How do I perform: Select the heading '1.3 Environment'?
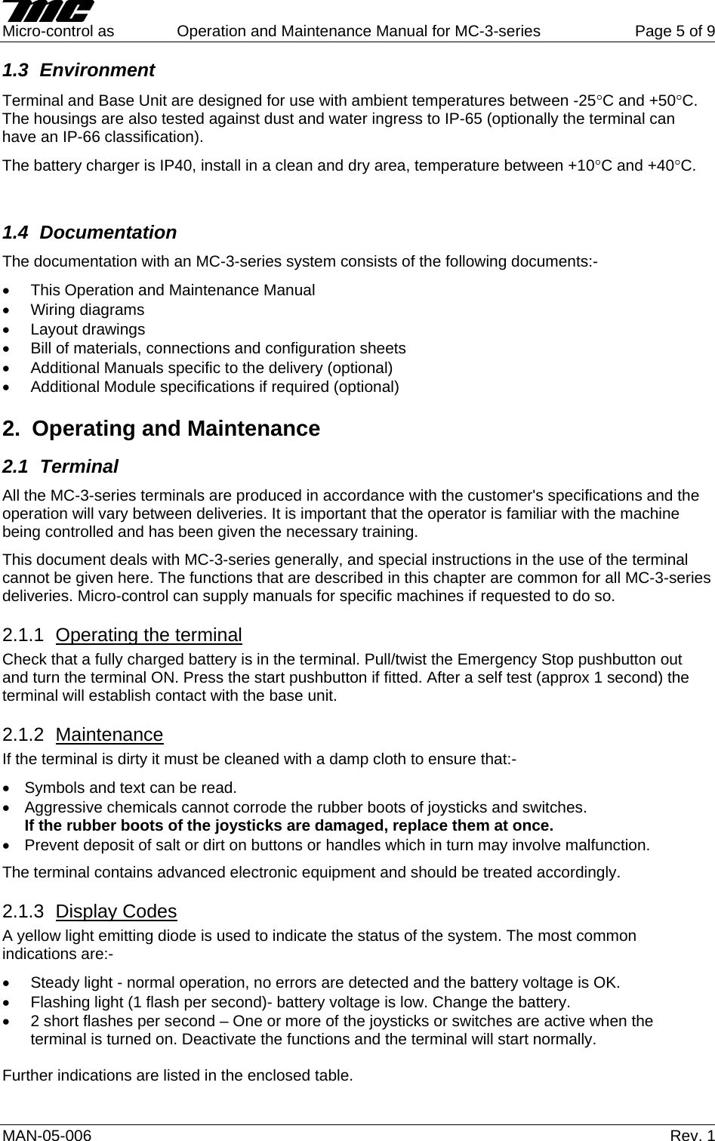click(x=79, y=71)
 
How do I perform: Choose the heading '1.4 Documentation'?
click(x=89, y=233)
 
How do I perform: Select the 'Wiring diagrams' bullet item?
click(x=87, y=310)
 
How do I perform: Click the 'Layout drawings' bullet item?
click(x=88, y=329)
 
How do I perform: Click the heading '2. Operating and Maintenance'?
click(x=162, y=429)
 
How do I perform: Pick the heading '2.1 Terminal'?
click(x=60, y=467)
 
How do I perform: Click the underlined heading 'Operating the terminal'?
click(x=149, y=635)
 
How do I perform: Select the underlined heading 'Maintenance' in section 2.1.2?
click(x=109, y=735)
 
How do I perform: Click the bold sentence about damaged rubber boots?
click(x=289, y=825)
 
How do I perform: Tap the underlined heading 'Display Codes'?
click(x=116, y=911)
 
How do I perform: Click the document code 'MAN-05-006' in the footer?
click(x=48, y=1135)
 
